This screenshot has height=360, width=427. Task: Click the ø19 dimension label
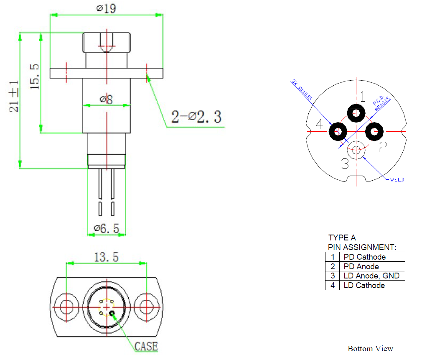(x=106, y=8)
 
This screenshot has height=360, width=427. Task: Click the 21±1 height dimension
(x=14, y=97)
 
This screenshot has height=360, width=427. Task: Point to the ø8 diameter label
(x=106, y=99)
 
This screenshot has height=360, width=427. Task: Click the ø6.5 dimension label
(x=107, y=228)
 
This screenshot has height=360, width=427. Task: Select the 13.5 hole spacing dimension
(x=106, y=257)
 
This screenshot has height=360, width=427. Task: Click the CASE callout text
(x=146, y=346)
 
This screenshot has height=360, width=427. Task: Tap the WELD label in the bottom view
(x=397, y=179)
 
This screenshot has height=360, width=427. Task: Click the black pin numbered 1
(x=356, y=112)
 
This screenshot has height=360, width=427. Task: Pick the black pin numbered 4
(x=338, y=132)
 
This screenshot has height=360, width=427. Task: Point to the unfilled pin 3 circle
(x=356, y=149)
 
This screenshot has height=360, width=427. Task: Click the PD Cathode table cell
(x=364, y=257)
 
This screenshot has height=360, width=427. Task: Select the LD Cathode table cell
(x=364, y=285)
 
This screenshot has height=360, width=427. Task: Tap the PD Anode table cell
(x=361, y=266)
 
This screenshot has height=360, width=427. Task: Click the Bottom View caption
(x=370, y=348)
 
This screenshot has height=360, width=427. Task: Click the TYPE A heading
(x=342, y=237)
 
